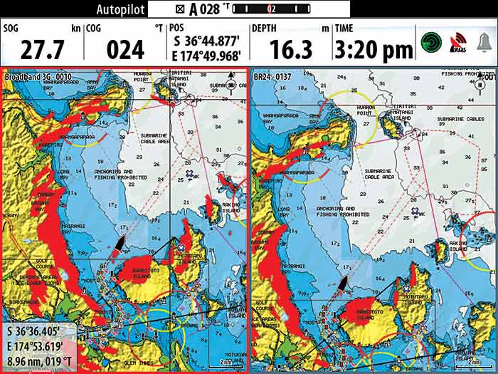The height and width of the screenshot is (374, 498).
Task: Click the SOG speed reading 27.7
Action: click(x=42, y=49)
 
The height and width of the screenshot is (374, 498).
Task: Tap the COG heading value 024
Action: click(x=125, y=49)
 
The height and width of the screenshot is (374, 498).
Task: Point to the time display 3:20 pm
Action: click(x=374, y=49)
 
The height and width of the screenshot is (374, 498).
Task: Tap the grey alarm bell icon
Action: click(x=484, y=42)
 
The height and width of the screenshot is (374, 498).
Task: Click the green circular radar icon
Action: click(x=430, y=42)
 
